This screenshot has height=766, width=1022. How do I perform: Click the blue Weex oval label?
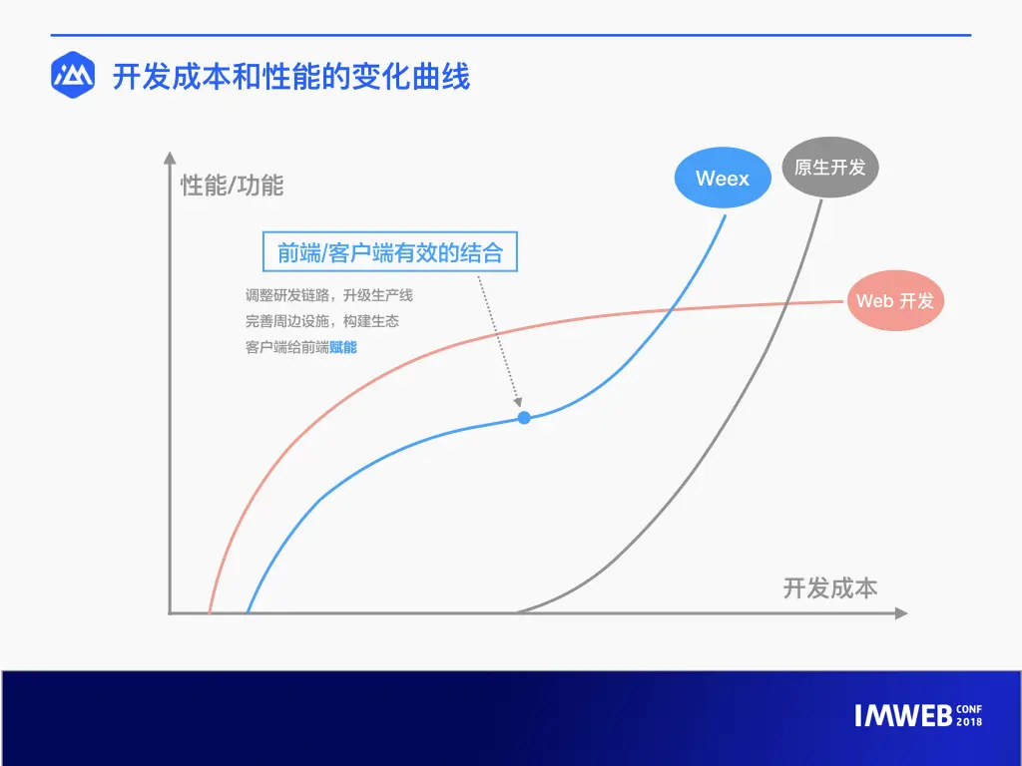coord(723,178)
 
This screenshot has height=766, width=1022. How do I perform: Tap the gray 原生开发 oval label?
coord(830,168)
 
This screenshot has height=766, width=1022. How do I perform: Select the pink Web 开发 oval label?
coord(895,301)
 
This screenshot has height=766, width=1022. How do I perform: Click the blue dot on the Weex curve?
coord(524,418)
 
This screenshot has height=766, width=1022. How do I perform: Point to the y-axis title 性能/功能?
coord(232,186)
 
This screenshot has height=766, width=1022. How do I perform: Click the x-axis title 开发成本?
coord(829,588)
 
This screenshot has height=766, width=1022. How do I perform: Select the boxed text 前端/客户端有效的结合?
coord(390,252)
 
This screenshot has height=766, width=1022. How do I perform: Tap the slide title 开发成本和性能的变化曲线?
coord(290,76)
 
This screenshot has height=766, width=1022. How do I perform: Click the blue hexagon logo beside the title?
coord(73,75)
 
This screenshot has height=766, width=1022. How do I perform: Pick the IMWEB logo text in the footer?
coord(903,716)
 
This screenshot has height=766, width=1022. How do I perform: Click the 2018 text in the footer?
coord(969,722)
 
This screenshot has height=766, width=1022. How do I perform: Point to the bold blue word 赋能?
coord(343,347)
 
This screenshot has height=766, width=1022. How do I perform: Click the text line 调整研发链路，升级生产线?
coord(329,295)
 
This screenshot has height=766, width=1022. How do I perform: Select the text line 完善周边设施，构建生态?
coord(322,321)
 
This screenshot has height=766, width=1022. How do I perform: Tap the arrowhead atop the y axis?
coord(170,158)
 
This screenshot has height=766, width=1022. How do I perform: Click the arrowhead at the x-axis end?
coord(901,613)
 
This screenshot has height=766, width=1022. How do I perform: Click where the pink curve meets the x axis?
coord(210,612)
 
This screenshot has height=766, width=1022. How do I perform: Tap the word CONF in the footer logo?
coord(969,709)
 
